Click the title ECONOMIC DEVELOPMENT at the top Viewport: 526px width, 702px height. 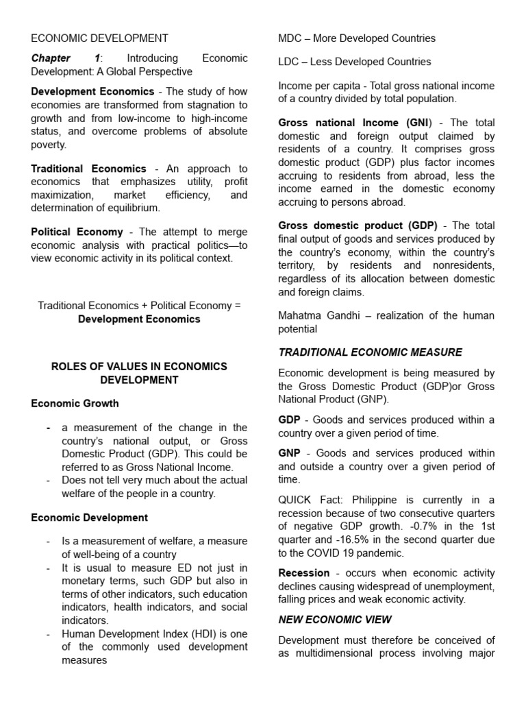pos(99,38)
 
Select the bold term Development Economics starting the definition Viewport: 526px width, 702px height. pos(92,91)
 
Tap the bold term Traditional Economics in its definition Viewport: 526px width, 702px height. pos(88,169)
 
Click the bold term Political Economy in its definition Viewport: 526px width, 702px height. pos(77,232)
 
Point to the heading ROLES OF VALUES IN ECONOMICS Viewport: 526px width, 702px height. pos(139,367)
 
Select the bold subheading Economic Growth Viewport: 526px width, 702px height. pos(75,403)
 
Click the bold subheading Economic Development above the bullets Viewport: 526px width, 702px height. pos(89,517)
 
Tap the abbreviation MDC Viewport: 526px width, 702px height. pos(290,38)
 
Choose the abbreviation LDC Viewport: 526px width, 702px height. pos(289,62)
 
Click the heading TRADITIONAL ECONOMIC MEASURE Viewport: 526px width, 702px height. pos(370,352)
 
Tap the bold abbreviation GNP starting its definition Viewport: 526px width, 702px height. pos(290,454)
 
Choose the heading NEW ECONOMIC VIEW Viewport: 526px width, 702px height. pos(335,619)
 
